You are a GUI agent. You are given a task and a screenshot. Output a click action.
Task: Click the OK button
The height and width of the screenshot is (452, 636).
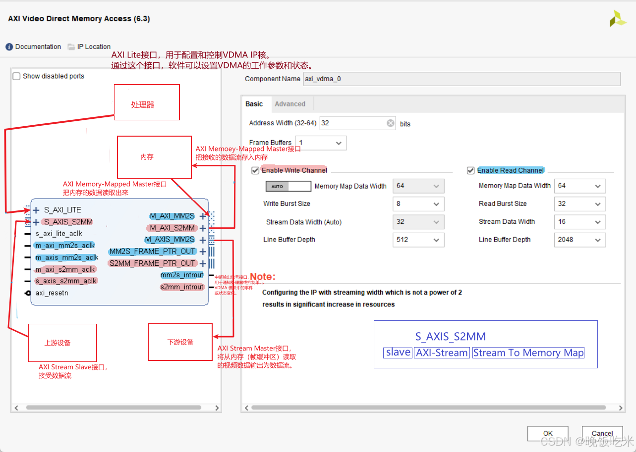pos(548,434)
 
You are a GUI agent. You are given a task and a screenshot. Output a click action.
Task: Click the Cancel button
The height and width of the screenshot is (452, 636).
pos(602,434)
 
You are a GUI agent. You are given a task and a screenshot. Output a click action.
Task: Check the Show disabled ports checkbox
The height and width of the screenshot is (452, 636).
pos(17,76)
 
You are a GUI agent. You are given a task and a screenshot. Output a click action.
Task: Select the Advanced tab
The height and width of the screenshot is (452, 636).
pos(290,104)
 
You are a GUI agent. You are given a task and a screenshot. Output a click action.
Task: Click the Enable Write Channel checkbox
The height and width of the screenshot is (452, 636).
pos(256,170)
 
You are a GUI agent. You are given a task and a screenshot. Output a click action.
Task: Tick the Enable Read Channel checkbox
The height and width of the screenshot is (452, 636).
pos(471,170)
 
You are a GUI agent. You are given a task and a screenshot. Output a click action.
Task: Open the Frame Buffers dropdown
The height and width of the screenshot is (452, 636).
pos(321,143)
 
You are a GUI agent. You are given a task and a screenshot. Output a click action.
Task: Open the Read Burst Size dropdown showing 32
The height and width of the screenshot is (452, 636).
pos(579,204)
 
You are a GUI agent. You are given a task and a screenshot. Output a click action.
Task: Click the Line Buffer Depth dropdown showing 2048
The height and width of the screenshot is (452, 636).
pos(579,240)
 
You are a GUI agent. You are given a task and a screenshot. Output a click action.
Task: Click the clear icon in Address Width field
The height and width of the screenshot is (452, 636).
pos(391,123)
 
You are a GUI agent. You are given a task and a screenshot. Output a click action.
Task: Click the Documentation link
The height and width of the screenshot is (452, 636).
pos(33,47)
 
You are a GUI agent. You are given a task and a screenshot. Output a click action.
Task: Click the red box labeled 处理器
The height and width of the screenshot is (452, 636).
pos(147,102)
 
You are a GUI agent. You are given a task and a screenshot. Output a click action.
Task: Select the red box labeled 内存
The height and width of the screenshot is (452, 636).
pos(154,157)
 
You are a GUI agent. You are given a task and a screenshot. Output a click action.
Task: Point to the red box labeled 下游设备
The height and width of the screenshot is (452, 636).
pos(180,342)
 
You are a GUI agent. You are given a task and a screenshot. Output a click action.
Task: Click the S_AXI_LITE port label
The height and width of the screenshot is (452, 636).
pos(62,210)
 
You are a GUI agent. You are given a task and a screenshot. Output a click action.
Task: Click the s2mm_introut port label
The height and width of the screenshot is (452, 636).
pos(182,287)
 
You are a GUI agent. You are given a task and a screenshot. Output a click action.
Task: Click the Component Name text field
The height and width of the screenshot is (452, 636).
pos(461,79)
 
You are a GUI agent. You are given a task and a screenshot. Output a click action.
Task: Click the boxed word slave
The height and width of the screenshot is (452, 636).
pos(399,352)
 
